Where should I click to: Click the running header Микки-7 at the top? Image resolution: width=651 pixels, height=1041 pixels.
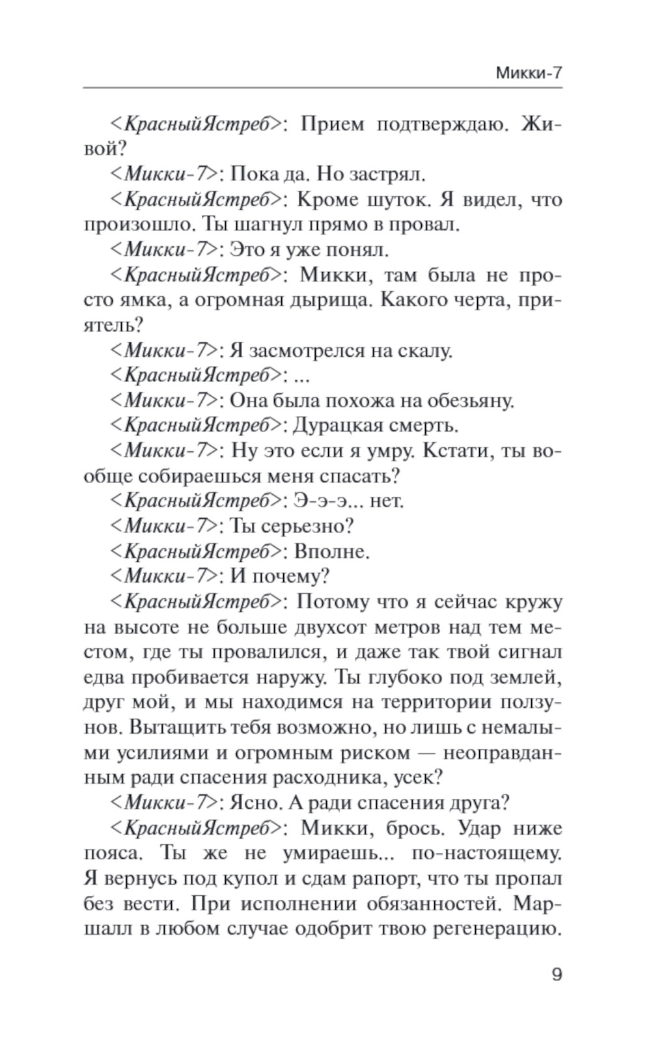528,73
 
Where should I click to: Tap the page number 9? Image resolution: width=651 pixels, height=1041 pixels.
556,975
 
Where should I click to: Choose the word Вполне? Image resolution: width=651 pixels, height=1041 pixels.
331,552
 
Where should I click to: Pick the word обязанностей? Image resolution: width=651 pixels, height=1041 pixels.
431,904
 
